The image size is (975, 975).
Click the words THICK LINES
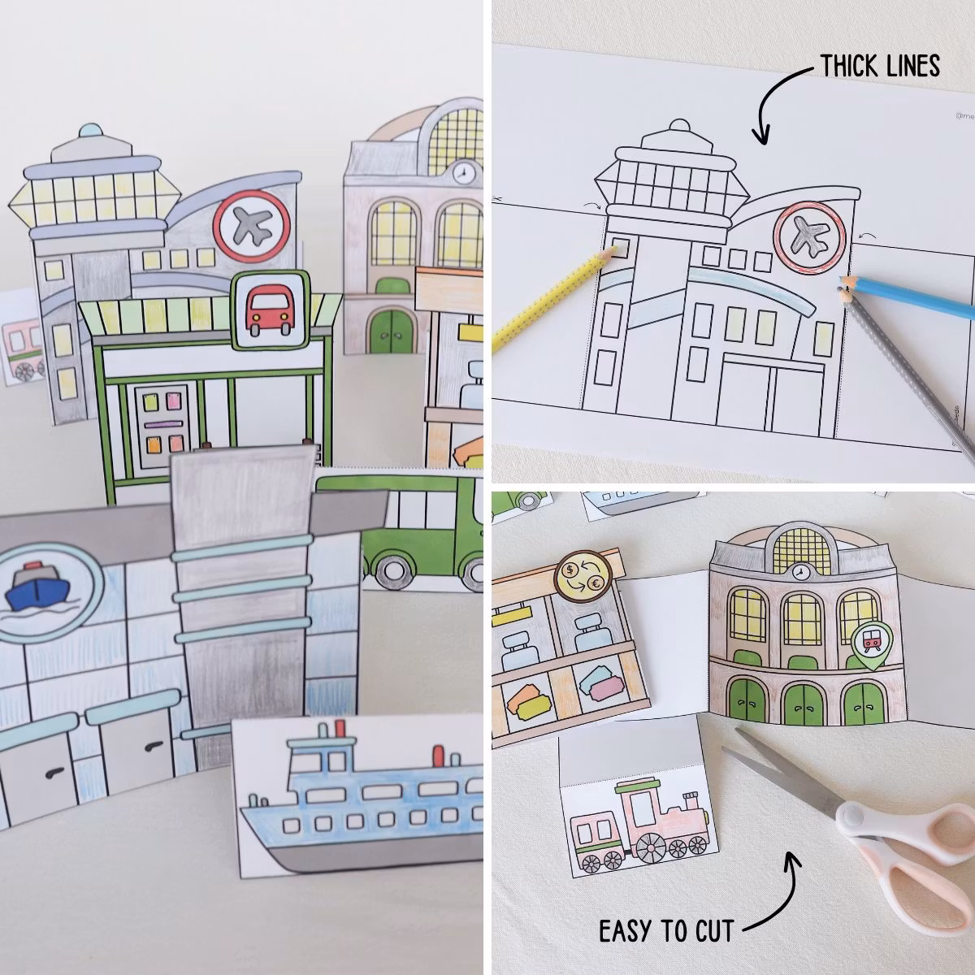tap(879, 66)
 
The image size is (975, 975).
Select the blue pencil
tap(910, 297)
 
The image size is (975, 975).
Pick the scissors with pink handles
tap(861, 821)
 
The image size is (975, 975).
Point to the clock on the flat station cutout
tap(802, 572)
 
